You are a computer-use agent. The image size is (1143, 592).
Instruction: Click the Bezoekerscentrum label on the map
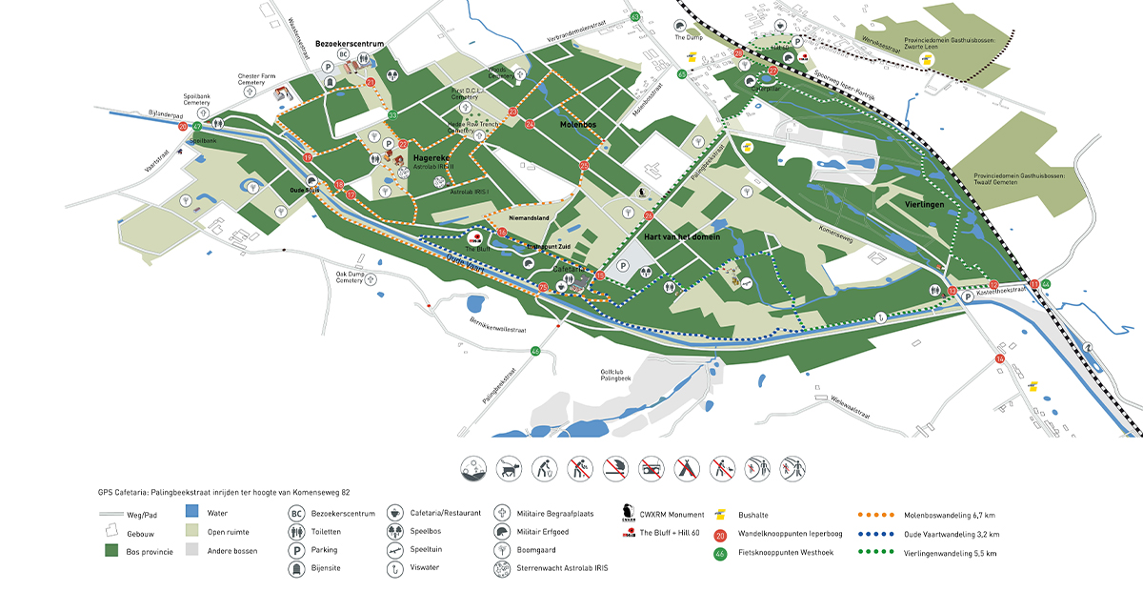point(349,44)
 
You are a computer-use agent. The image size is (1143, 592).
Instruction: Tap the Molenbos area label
point(578,124)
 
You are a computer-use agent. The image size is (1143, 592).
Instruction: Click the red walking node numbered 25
point(584,166)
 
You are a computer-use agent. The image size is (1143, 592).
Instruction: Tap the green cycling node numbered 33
point(392,115)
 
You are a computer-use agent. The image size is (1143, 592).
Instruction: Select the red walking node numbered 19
point(308,157)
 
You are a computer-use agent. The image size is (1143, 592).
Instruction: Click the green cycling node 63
point(635,16)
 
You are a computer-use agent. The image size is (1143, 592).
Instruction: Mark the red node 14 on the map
point(999,358)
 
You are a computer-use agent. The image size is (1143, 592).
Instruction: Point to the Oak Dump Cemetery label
point(350,276)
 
